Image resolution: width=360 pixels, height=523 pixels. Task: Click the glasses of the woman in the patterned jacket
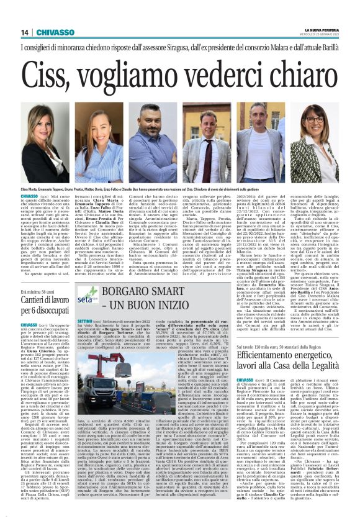coord(313,118)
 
